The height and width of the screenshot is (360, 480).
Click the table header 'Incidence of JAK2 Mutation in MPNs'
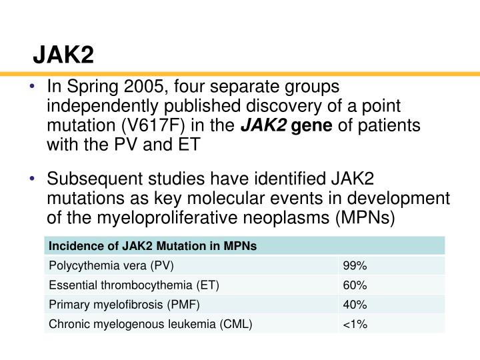[x=153, y=246]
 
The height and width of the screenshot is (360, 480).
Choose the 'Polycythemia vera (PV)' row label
[x=111, y=265]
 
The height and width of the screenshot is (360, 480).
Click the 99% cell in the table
[x=355, y=265]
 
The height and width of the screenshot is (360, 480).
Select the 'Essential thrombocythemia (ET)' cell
[x=134, y=285]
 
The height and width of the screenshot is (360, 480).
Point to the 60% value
[x=355, y=285]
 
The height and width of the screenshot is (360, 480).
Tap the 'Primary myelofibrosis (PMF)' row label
[x=124, y=305]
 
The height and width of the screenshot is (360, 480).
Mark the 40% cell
[x=355, y=305]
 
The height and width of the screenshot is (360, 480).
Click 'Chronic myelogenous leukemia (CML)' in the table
[x=151, y=325]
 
